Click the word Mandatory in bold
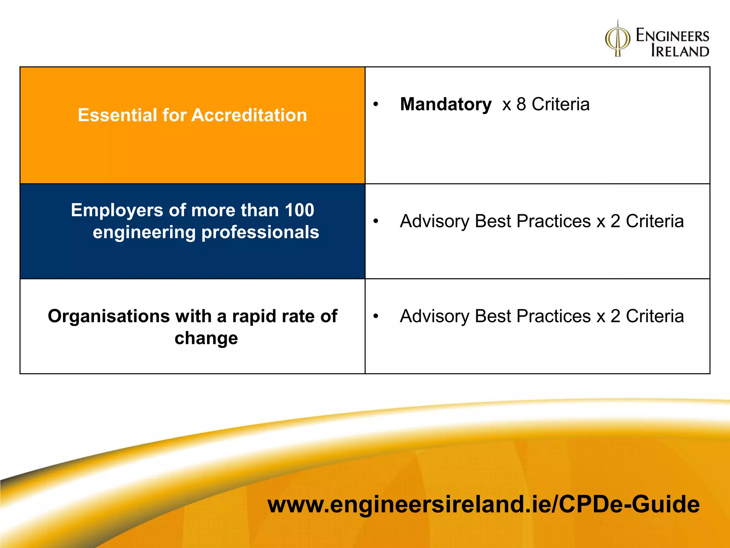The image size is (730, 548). click(x=446, y=105)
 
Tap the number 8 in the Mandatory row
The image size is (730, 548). click(x=521, y=105)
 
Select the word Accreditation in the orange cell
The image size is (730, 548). click(x=249, y=115)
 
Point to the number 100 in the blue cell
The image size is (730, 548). click(x=299, y=210)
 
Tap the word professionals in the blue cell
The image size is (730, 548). click(x=260, y=232)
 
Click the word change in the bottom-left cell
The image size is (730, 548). click(x=206, y=338)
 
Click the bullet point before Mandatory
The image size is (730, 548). click(x=375, y=105)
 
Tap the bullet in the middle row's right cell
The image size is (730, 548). click(x=375, y=222)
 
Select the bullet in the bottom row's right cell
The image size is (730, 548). click(x=375, y=316)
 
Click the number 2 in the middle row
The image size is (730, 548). click(x=615, y=222)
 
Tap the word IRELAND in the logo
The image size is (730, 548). click(x=680, y=51)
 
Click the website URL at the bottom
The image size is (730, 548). click(x=483, y=504)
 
